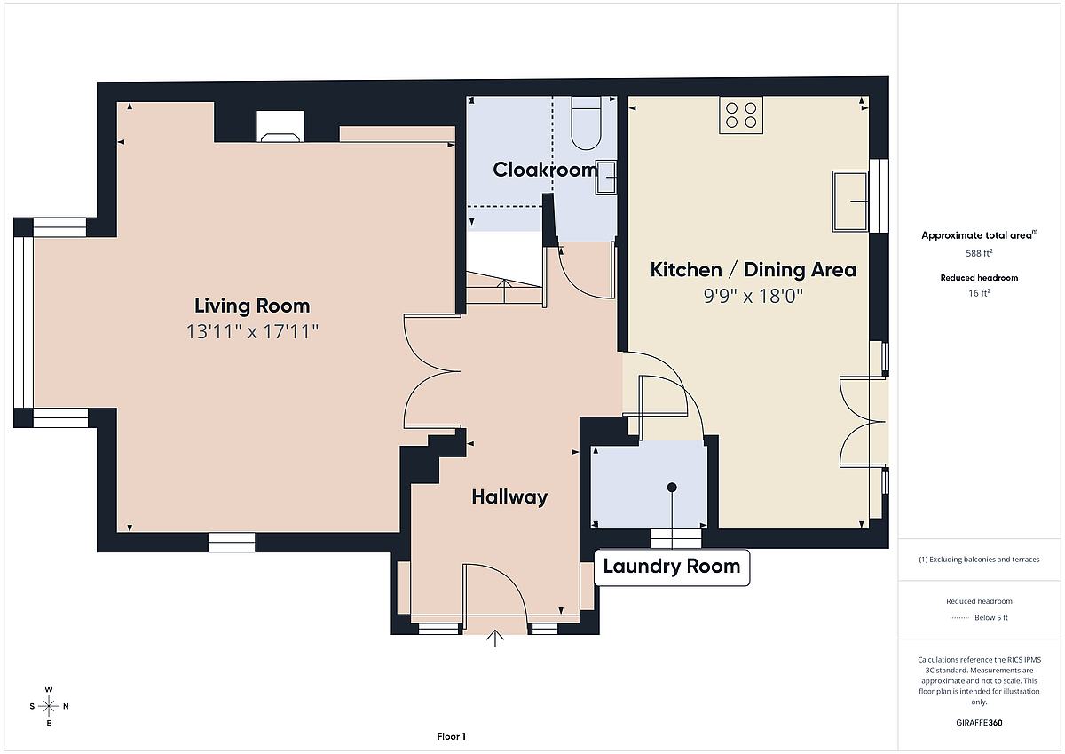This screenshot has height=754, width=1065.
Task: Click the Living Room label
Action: (252, 306)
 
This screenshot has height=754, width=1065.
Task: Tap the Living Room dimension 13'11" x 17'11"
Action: (252, 331)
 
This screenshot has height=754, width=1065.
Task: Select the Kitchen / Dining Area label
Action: (753, 270)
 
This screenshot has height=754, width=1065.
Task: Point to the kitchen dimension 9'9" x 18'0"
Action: (753, 296)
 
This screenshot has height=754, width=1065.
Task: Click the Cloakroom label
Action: (545, 170)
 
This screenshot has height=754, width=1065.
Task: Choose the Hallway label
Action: (509, 497)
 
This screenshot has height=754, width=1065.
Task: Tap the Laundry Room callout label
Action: (672, 567)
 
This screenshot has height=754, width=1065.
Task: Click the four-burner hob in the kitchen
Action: (741, 115)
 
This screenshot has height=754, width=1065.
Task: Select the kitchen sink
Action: (850, 202)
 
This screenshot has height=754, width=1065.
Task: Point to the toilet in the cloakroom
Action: (587, 123)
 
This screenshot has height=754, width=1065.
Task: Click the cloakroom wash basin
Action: (606, 178)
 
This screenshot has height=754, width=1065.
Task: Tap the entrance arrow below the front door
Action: (495, 639)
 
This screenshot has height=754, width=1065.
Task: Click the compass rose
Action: (49, 706)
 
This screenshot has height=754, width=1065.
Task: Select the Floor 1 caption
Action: (451, 736)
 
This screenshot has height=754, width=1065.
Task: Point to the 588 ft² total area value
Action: (979, 253)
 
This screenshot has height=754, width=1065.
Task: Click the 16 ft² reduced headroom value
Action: (979, 293)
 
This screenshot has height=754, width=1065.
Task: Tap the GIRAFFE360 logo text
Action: (979, 723)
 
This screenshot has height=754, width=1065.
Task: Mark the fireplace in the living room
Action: (280, 127)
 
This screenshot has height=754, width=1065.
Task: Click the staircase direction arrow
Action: (504, 291)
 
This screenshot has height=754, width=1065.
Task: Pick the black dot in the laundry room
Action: (672, 488)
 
